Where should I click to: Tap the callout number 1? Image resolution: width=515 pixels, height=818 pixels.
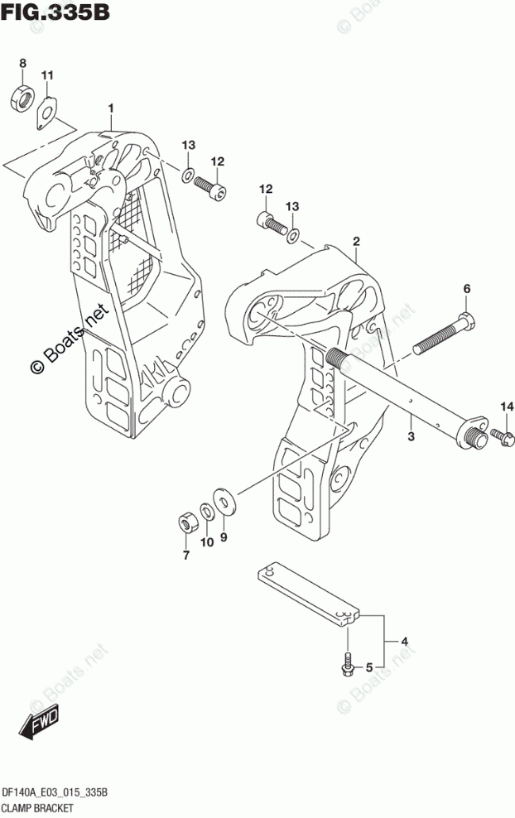click(109, 108)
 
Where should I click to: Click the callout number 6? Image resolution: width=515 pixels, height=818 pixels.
click(465, 289)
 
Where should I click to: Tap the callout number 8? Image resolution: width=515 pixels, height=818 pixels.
click(23, 63)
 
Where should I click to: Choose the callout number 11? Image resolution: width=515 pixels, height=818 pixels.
click(47, 77)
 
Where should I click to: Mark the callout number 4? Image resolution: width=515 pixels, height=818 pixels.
click(406, 641)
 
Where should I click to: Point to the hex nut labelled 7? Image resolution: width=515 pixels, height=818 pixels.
click(187, 522)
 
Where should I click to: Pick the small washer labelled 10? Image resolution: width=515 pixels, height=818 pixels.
click(207, 511)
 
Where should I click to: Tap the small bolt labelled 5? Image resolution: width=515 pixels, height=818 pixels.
click(347, 663)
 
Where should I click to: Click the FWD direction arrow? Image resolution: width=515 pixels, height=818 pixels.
click(38, 726)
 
